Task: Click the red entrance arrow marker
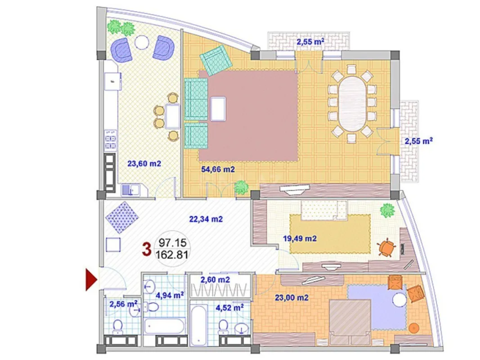[x=92, y=279]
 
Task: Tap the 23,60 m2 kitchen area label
[x=144, y=164]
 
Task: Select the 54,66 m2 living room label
[x=217, y=169]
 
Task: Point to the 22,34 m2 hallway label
[x=206, y=219]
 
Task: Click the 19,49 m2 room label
[x=300, y=238]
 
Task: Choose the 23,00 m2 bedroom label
[x=291, y=297]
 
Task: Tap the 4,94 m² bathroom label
[x=169, y=296]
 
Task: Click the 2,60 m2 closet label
[x=215, y=280]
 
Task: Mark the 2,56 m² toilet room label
[x=122, y=304]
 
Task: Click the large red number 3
[x=146, y=249]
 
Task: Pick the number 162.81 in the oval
[x=171, y=255]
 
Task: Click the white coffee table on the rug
[x=218, y=109]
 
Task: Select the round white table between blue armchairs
[x=143, y=43]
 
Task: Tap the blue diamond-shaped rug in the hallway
[x=121, y=217]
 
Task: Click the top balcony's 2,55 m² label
[x=310, y=43]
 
